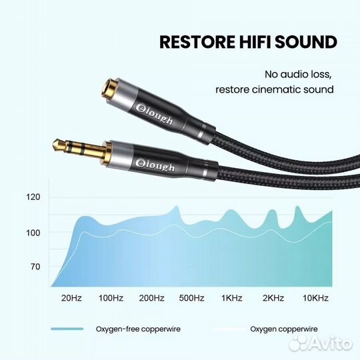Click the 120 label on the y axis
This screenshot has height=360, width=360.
33,197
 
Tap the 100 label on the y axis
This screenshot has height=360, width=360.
33,232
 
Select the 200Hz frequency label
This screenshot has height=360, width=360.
151,297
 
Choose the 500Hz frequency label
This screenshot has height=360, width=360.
192,297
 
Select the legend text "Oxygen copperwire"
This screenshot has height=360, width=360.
283,329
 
